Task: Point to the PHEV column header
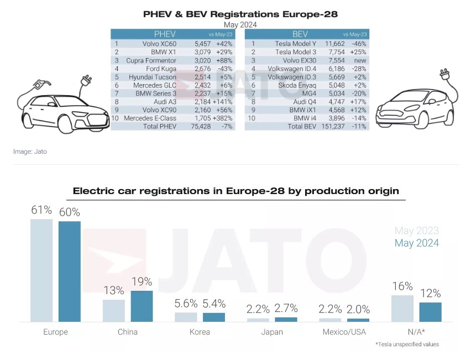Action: pyautogui.click(x=165, y=34)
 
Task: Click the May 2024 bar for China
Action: pyautogui.click(x=142, y=306)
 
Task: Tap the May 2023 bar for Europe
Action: pyautogui.click(x=41, y=270)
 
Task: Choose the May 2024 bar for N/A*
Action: pyautogui.click(x=430, y=312)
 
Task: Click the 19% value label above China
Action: pyautogui.click(x=142, y=281)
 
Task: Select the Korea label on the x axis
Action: pyautogui.click(x=200, y=332)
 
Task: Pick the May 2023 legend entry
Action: pyautogui.click(x=416, y=231)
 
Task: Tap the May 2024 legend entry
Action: pyautogui.click(x=416, y=243)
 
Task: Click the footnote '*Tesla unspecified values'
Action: pyautogui.click(x=407, y=345)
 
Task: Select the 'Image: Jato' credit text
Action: pyautogui.click(x=30, y=151)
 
